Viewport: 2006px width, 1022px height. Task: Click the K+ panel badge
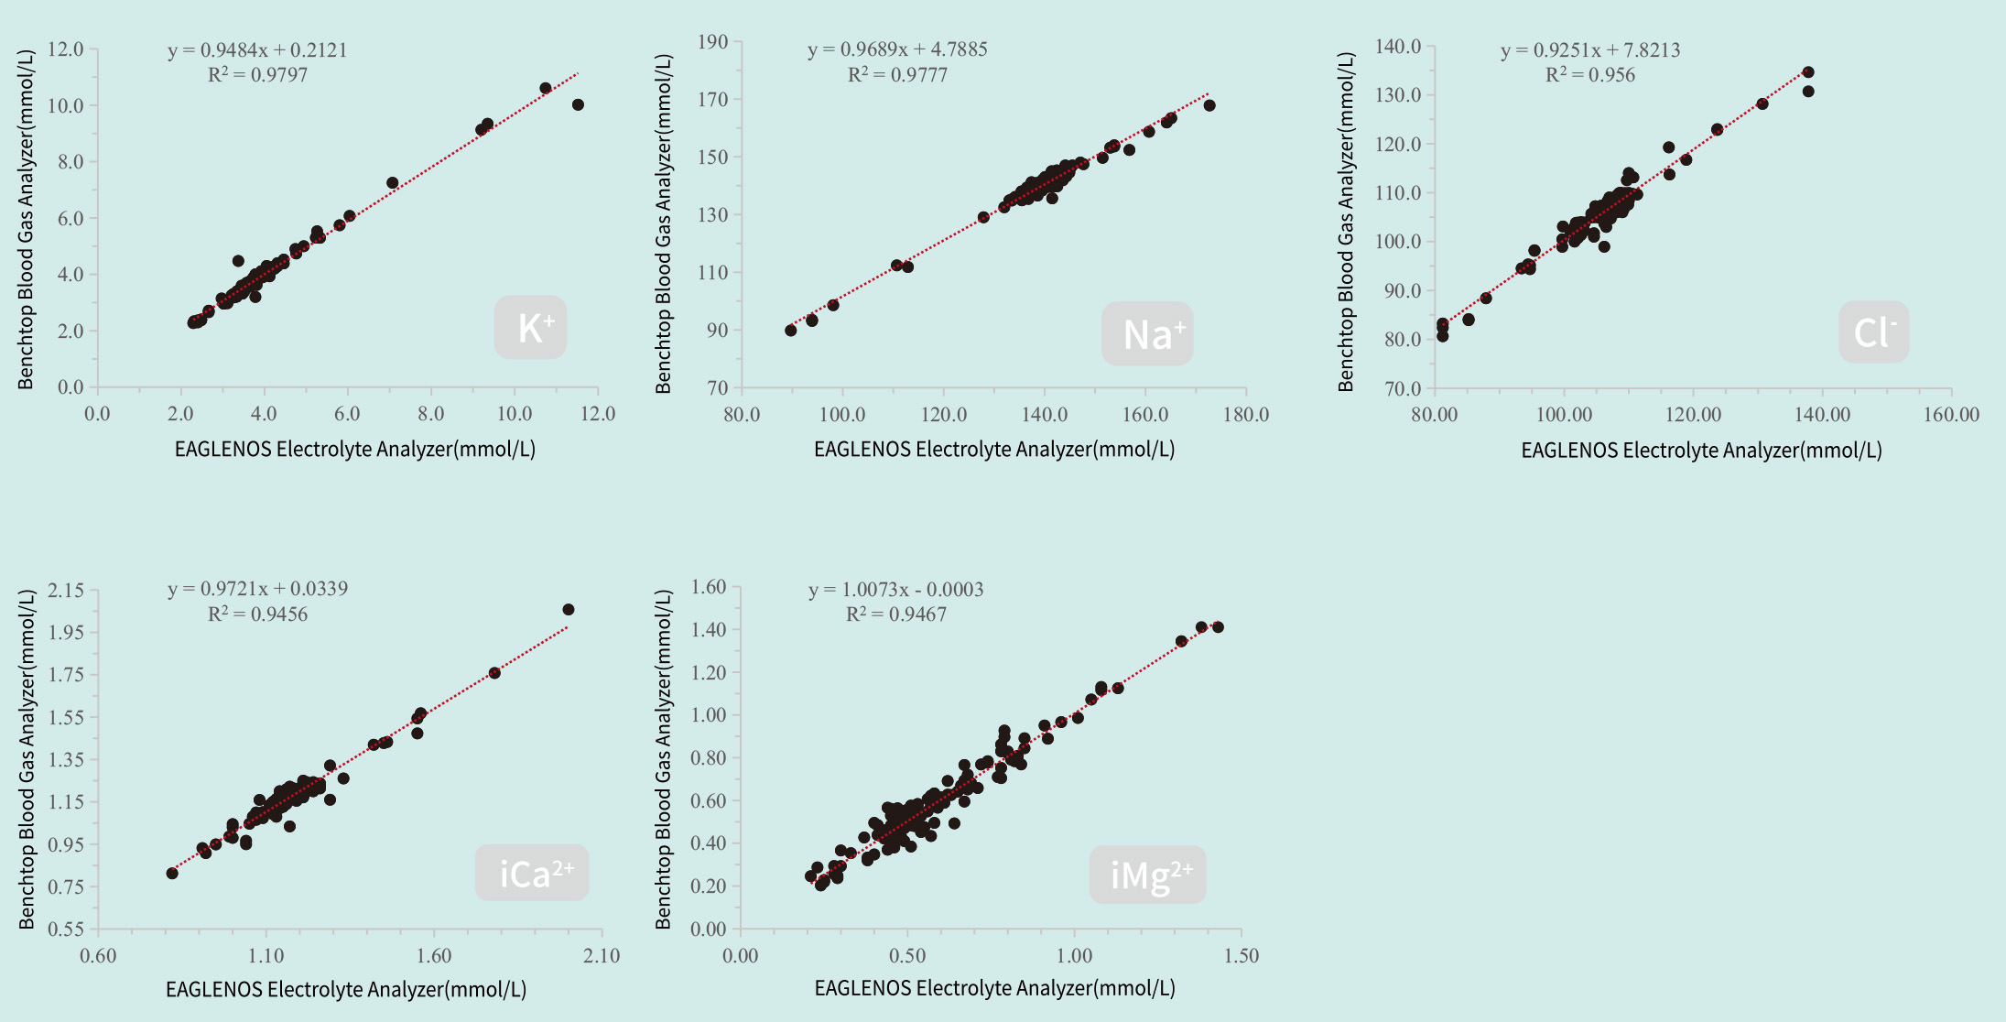tap(531, 328)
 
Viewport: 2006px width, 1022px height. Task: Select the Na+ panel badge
tap(1147, 334)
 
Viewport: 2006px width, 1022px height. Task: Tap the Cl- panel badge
tap(1873, 332)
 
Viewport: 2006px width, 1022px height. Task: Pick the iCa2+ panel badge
tap(532, 874)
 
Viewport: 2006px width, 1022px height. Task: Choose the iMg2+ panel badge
tap(1148, 875)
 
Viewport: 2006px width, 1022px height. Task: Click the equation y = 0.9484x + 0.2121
tap(257, 50)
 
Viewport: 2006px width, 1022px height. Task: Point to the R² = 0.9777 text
tap(897, 75)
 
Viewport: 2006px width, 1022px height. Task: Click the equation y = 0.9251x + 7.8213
tap(1590, 50)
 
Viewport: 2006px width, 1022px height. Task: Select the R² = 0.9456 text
tap(257, 614)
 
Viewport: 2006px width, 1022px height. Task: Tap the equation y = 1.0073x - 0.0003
tap(895, 590)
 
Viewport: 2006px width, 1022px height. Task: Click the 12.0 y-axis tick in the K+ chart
tap(65, 49)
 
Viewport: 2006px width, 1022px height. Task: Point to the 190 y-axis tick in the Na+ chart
tap(712, 42)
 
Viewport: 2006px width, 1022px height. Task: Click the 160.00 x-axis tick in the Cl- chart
tap(1951, 415)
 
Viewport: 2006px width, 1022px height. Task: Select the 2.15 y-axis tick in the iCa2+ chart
tap(66, 591)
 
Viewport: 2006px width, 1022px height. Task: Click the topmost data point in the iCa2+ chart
tap(569, 610)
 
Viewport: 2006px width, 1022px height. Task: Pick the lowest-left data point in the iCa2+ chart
tap(172, 873)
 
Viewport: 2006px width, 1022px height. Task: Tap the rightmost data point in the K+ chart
tap(578, 105)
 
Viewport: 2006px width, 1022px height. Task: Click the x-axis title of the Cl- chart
tap(1701, 451)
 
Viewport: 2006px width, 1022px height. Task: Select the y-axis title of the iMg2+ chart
tap(664, 759)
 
